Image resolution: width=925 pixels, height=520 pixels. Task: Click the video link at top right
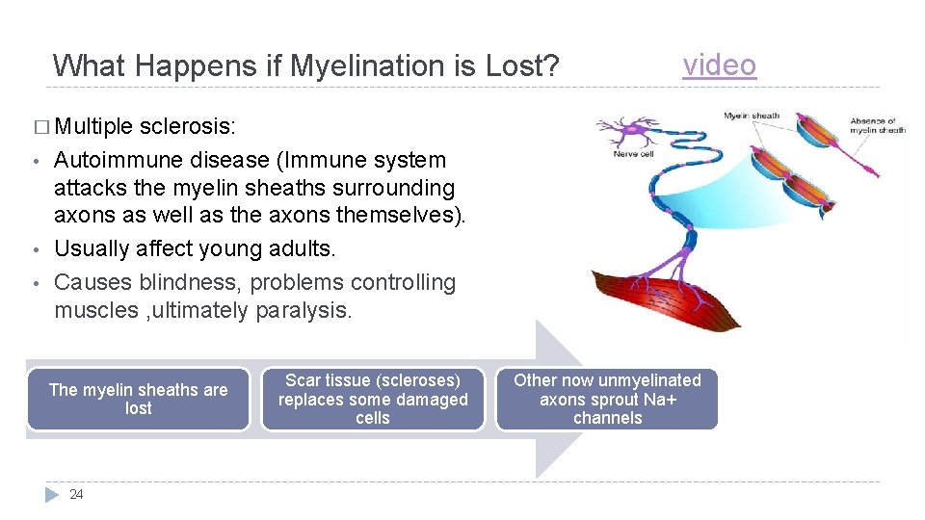pos(719,65)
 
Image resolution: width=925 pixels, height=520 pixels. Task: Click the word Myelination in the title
pos(355,66)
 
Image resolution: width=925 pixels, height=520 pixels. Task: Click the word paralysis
pos(305,310)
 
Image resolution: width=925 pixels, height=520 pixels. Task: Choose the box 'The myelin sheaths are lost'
pos(138,399)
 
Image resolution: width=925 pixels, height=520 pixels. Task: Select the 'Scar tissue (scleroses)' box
pos(373,399)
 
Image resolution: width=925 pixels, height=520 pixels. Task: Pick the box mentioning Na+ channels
pos(607,399)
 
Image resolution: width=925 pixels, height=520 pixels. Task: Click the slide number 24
pos(77,495)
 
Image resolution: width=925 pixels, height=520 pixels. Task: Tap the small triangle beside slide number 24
pos(52,495)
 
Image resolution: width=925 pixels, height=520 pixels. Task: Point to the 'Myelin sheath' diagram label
pos(752,117)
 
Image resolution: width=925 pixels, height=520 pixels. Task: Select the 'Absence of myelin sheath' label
pos(877,125)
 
